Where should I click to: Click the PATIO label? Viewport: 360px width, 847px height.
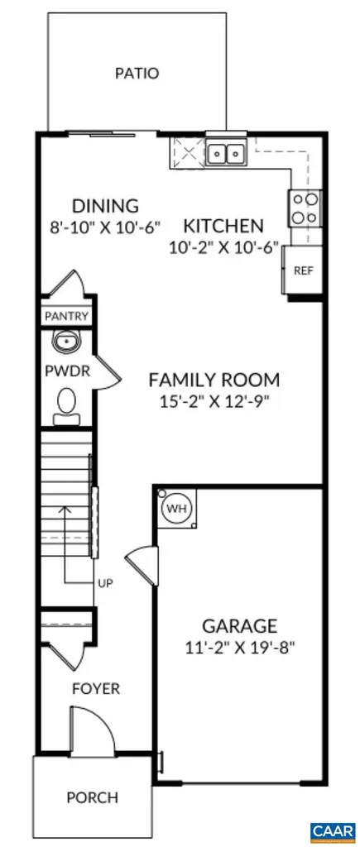click(x=137, y=74)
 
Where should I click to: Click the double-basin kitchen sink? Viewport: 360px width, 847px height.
click(x=226, y=152)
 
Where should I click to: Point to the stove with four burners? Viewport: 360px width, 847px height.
click(x=304, y=207)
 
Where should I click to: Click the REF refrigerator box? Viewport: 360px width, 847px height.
click(x=303, y=270)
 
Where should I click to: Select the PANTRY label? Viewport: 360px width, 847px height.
click(x=67, y=316)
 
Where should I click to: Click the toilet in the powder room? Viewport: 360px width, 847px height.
click(x=65, y=404)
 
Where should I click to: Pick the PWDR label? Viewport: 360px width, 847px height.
click(x=61, y=371)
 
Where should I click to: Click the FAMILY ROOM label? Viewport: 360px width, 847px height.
click(x=214, y=380)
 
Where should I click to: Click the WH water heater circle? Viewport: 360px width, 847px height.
click(x=175, y=507)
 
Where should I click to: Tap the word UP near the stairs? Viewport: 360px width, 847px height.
click(x=104, y=583)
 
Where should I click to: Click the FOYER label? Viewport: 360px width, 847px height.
click(x=95, y=688)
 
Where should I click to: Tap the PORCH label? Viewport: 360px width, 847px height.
click(x=92, y=798)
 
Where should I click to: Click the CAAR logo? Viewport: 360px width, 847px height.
click(x=332, y=829)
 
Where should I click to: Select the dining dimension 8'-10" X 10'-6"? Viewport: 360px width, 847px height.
click(x=104, y=225)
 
